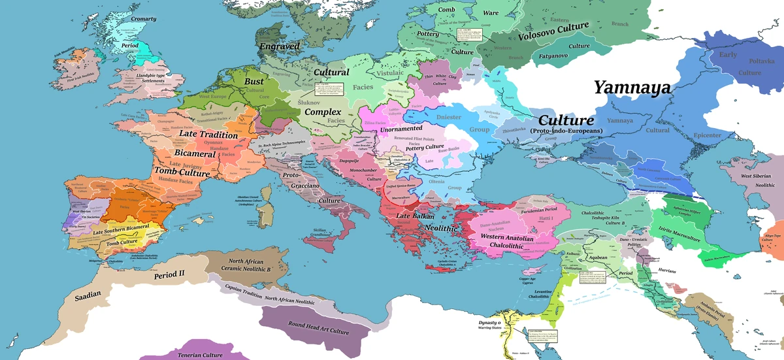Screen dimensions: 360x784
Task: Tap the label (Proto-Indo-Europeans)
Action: [566, 131]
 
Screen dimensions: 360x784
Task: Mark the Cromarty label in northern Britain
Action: [143, 19]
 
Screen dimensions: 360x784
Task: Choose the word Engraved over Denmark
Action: [279, 46]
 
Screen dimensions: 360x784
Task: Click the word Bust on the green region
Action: [254, 81]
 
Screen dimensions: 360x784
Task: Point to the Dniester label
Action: [448, 118]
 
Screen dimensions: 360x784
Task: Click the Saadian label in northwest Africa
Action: [88, 295]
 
